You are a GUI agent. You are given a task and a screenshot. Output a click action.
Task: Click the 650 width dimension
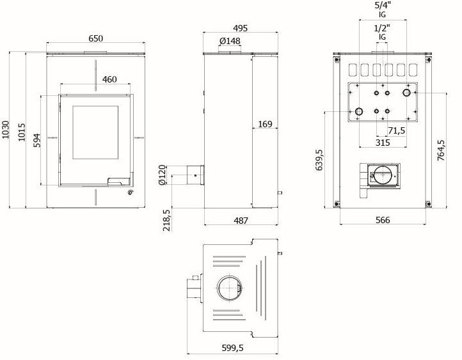[x=95, y=38]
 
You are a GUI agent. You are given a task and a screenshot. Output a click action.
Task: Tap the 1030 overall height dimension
[x=6, y=130]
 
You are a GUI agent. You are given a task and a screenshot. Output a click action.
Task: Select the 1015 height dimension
[x=22, y=132]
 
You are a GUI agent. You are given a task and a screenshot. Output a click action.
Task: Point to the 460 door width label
[x=109, y=79]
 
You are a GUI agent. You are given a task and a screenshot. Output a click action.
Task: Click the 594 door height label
[x=36, y=141]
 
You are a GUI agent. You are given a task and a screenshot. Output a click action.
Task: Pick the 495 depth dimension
[x=240, y=28]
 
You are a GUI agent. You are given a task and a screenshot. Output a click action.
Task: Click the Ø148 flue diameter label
[x=230, y=41]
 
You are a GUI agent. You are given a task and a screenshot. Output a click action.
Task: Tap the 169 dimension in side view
[x=265, y=124]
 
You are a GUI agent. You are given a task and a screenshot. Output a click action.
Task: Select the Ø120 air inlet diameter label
[x=162, y=175]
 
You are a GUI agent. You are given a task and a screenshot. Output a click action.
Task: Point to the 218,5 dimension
[x=166, y=220]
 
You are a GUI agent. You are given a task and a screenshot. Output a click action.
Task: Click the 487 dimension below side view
[x=241, y=221]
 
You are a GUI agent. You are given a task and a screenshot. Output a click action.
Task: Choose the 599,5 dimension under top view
[x=232, y=348]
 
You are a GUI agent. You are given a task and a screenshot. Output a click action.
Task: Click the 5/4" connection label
[x=383, y=6]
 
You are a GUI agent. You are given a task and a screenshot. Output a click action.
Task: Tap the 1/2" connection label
[x=382, y=28]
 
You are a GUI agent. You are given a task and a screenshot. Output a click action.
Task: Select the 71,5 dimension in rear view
[x=396, y=130]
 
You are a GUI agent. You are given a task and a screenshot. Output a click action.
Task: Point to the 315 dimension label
[x=383, y=143]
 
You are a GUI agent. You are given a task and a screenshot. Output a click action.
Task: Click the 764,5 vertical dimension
[x=441, y=150]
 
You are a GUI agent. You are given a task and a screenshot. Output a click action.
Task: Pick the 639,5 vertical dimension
[x=319, y=160]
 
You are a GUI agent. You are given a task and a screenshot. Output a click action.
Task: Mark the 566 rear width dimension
[x=383, y=220]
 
